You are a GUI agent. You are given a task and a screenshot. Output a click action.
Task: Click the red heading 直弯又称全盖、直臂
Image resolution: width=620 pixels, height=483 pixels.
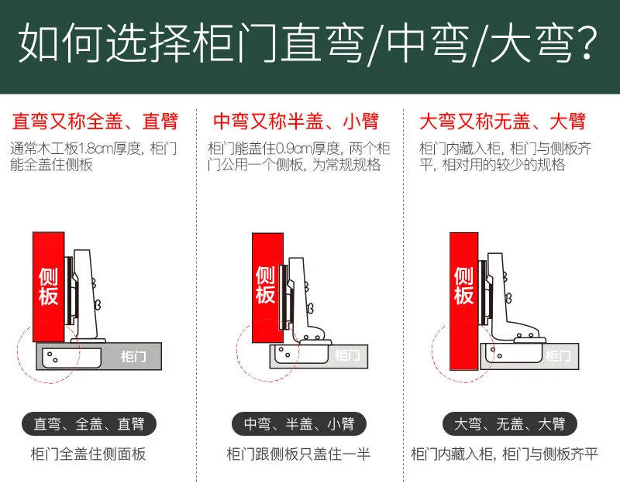pos(95,122)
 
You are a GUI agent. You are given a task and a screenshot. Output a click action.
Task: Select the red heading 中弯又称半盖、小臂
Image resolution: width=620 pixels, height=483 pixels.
pos(296,122)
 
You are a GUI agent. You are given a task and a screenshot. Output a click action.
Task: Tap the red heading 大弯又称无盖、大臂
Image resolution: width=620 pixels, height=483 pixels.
pos(502,122)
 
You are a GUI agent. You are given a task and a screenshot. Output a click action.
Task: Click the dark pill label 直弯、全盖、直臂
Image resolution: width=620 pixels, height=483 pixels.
pos(89,423)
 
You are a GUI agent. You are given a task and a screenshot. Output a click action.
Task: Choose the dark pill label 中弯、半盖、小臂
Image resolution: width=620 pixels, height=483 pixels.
pos(299,423)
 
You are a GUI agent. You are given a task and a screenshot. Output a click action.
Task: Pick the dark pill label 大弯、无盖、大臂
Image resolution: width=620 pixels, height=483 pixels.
pos(510,423)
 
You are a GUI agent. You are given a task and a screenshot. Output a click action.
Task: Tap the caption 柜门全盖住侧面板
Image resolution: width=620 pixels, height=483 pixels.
pos(88,454)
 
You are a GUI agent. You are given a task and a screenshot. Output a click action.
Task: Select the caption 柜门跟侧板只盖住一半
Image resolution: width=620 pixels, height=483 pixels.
pos(298,454)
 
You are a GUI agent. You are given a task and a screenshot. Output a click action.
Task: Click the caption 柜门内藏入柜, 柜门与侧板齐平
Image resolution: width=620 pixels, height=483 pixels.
pos(505,454)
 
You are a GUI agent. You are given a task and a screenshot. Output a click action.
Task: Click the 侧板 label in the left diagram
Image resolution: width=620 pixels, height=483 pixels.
pos(48,287)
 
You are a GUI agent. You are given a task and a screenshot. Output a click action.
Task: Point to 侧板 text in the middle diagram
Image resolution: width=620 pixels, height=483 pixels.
pos(265,285)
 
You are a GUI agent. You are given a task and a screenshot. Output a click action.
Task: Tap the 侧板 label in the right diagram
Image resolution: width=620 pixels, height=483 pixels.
pos(463,286)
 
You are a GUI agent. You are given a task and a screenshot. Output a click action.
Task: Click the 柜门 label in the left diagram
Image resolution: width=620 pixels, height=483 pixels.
pos(133,357)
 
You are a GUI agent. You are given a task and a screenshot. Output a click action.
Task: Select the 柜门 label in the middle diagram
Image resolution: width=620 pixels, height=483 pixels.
pos(347,355)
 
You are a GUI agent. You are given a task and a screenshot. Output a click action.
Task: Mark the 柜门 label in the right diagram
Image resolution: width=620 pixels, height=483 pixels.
pos(558,356)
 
